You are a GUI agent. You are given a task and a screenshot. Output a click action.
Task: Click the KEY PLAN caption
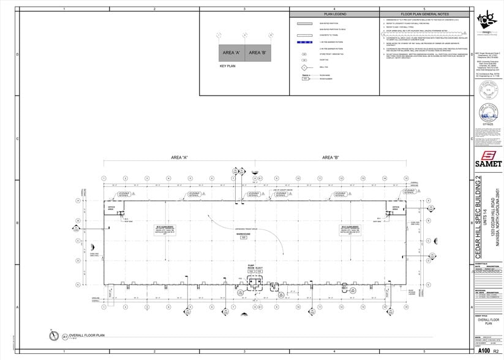(x=228, y=65)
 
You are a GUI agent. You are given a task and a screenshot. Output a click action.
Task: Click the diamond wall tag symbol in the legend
(x=304, y=67)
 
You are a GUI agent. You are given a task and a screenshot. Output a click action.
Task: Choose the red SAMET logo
(x=488, y=156)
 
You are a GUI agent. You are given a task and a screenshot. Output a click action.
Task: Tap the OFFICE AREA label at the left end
(x=111, y=208)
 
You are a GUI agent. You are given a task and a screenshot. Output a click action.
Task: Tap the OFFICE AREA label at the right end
(x=396, y=208)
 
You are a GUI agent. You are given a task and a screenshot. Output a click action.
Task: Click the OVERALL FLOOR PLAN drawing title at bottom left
(x=88, y=336)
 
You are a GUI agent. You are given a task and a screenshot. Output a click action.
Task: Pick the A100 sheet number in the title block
(x=484, y=351)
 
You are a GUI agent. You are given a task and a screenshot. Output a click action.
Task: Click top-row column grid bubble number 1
(x=104, y=178)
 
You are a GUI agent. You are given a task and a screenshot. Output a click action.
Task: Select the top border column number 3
(x=244, y=9)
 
